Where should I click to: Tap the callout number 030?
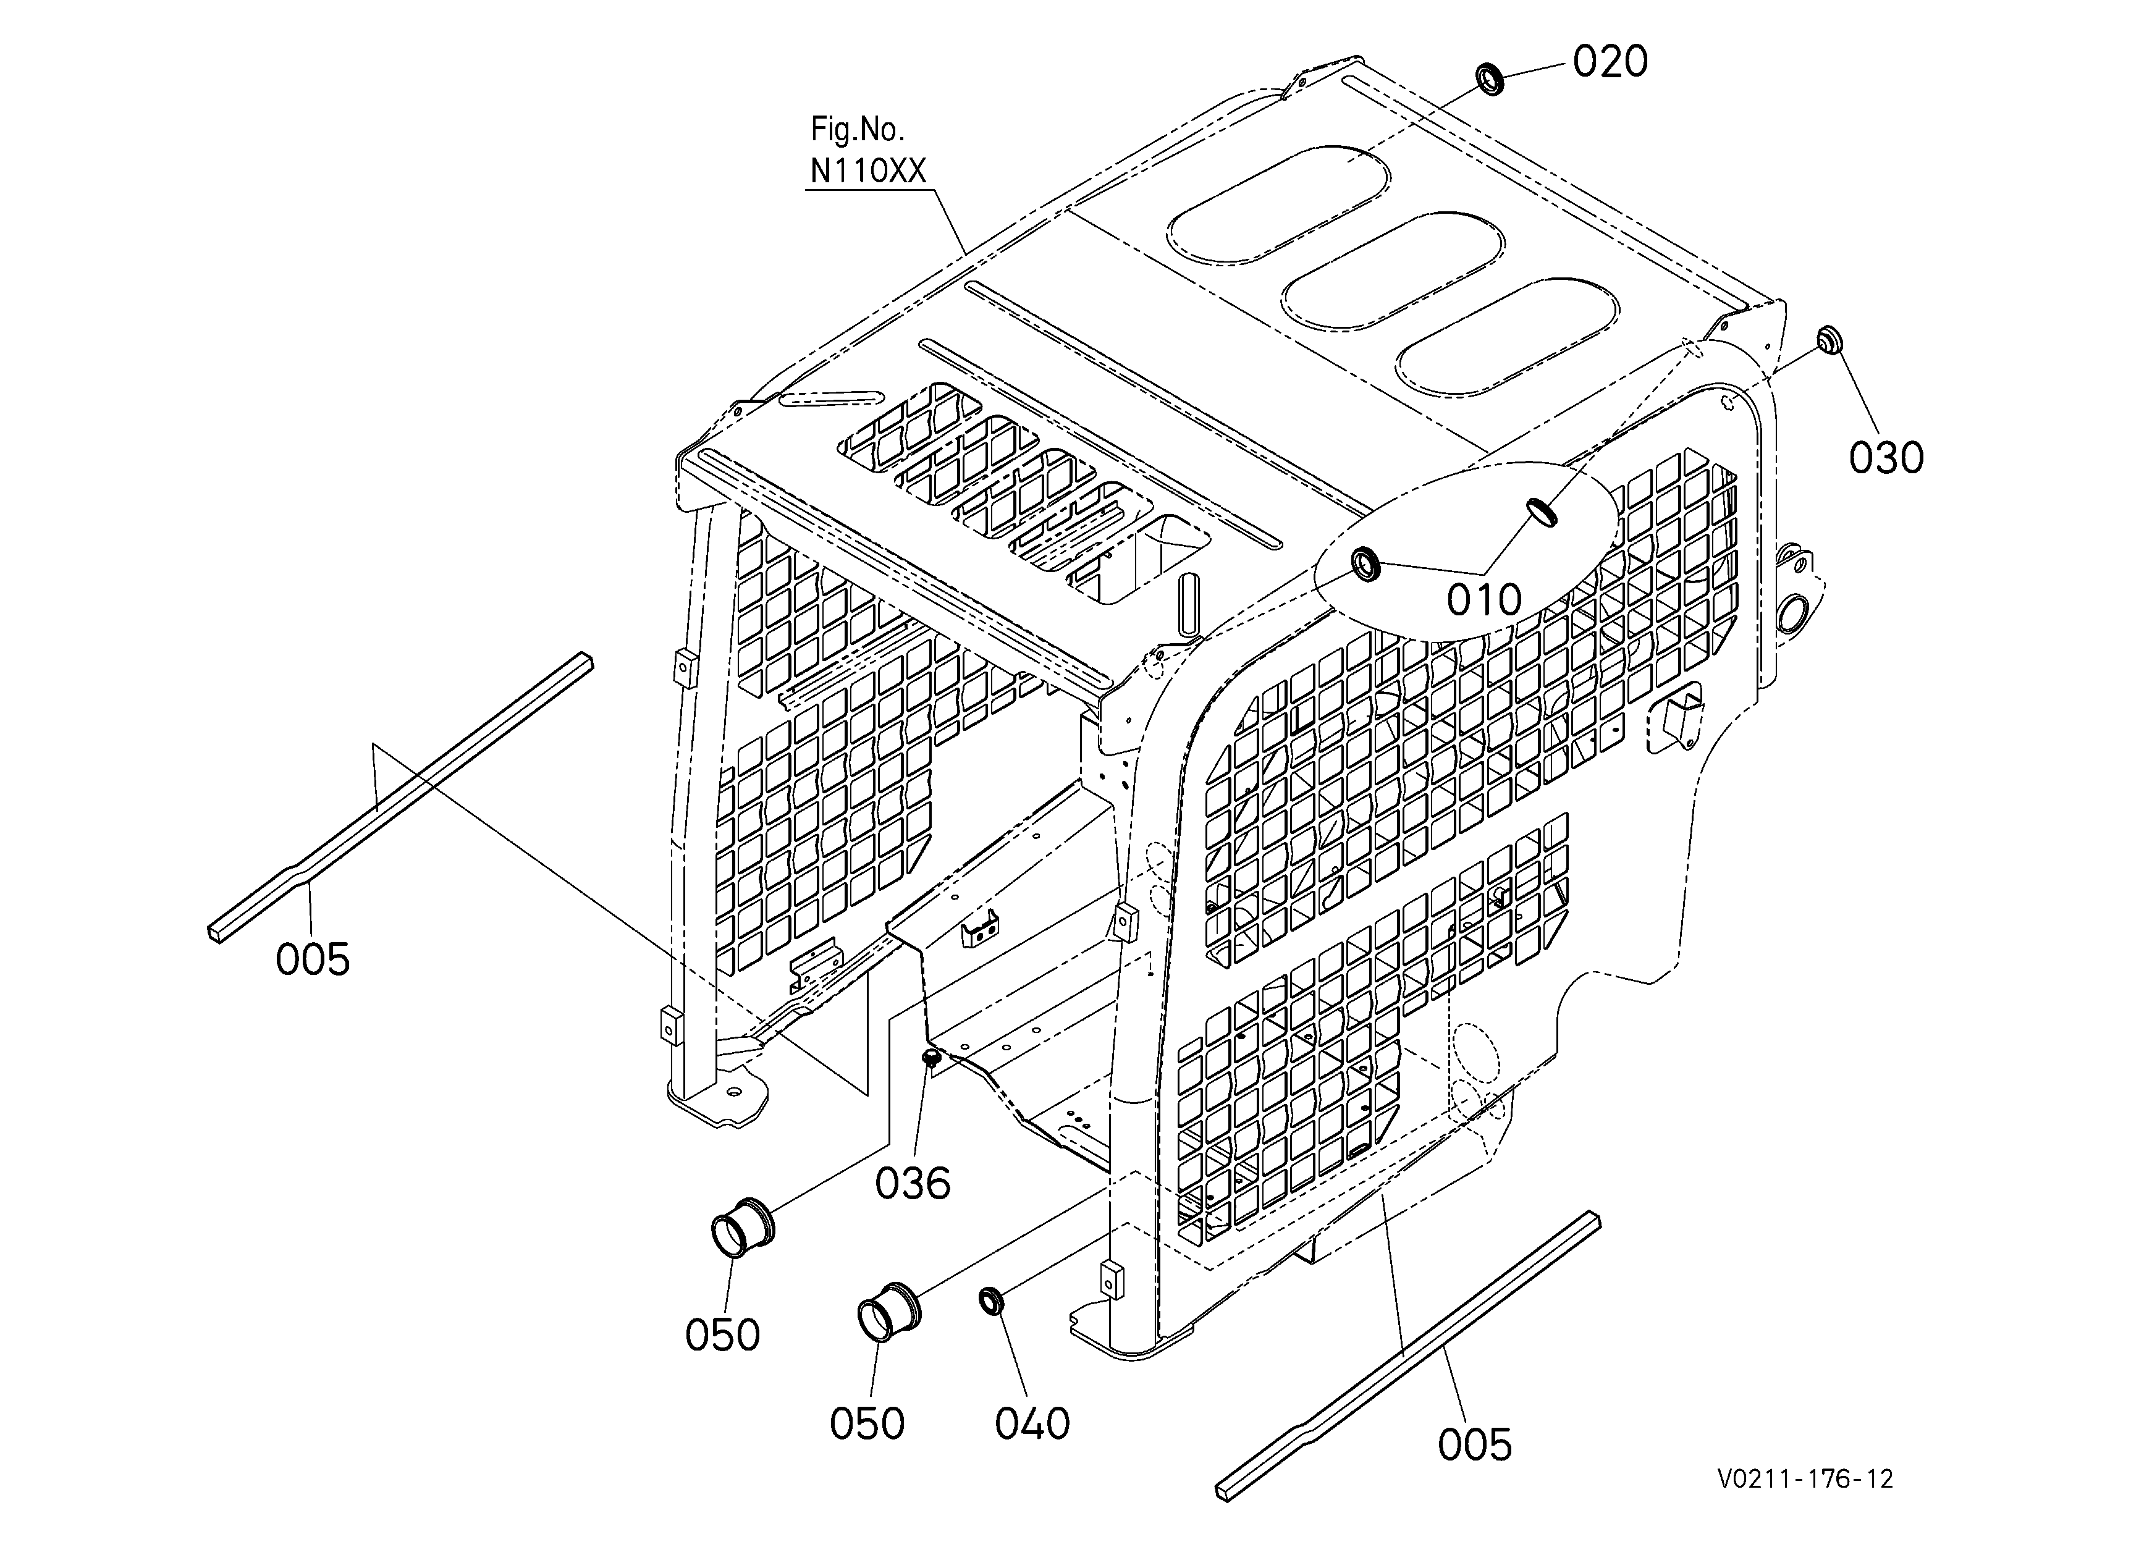(1887, 458)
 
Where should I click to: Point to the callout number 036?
(913, 1184)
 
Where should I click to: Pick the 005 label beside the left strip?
(313, 960)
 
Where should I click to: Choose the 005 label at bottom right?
(1475, 1444)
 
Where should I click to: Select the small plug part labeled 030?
(1828, 340)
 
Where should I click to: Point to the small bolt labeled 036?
(931, 1060)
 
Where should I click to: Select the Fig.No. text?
(858, 129)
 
